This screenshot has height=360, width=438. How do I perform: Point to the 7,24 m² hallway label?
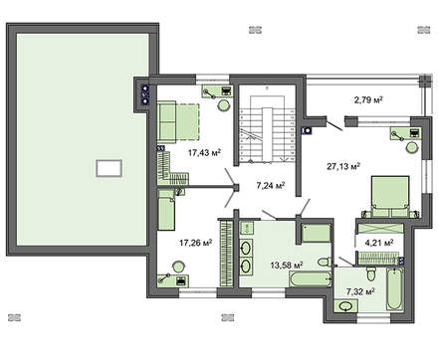(x=271, y=185)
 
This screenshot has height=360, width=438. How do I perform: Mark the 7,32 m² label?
(x=358, y=292)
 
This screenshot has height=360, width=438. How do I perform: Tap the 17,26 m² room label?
(x=197, y=241)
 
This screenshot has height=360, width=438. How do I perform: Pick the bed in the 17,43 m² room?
(x=177, y=120)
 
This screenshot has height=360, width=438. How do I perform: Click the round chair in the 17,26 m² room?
(x=178, y=266)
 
